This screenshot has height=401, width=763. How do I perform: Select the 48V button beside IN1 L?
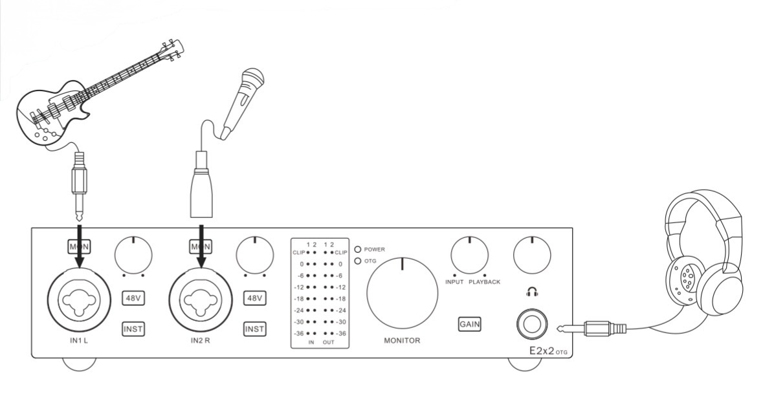coord(133,298)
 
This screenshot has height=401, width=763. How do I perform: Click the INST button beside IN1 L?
coord(133,329)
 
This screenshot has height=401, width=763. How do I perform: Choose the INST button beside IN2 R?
coord(254,329)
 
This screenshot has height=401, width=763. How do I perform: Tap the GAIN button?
coord(469,324)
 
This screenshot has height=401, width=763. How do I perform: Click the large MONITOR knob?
coord(402,292)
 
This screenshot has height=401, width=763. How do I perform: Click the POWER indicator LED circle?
coord(358,249)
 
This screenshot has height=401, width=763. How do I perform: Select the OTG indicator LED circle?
coord(358,261)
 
